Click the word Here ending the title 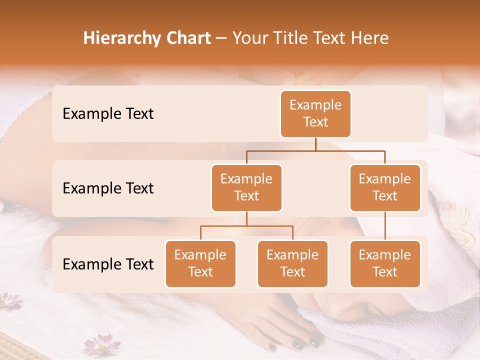pos(370,38)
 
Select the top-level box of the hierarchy pos(315,114)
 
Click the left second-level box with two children pos(246,188)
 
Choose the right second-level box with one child pos(385,188)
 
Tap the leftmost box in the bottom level pos(200,264)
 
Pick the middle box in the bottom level pos(292,264)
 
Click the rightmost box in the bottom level pos(385,264)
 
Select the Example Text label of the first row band pos(108,114)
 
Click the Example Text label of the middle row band pos(108,188)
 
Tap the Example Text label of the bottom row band pos(108,264)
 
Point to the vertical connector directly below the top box pos(315,144)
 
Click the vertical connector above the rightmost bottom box pos(385,226)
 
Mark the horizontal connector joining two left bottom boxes pos(246,226)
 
